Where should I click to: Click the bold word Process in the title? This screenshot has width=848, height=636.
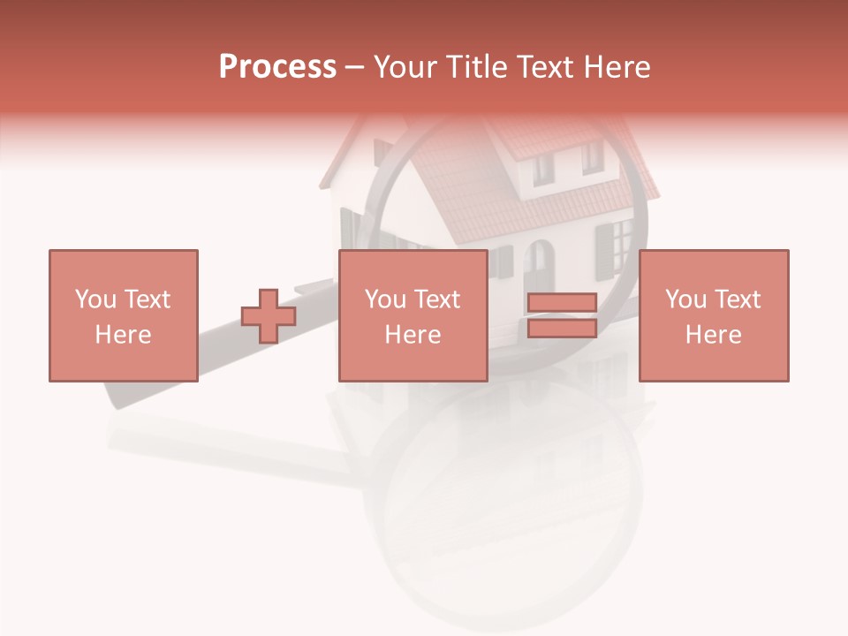pyautogui.click(x=277, y=67)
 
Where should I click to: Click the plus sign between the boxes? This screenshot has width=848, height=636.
pyautogui.click(x=269, y=316)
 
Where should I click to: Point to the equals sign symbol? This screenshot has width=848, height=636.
pyautogui.click(x=562, y=315)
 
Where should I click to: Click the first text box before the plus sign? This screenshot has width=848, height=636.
pyautogui.click(x=123, y=315)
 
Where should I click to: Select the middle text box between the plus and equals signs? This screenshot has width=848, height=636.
pyautogui.click(x=413, y=315)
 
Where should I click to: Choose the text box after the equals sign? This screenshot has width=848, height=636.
pyautogui.click(x=713, y=315)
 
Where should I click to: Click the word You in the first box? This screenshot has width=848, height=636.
pyautogui.click(x=95, y=299)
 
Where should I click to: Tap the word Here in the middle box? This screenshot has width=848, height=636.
pyautogui.click(x=413, y=334)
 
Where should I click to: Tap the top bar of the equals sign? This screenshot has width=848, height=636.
pyautogui.click(x=562, y=303)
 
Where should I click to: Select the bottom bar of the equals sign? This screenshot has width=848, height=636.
pyautogui.click(x=562, y=328)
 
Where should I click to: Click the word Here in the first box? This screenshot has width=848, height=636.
pyautogui.click(x=123, y=334)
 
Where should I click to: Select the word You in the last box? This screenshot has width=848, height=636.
pyautogui.click(x=685, y=299)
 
